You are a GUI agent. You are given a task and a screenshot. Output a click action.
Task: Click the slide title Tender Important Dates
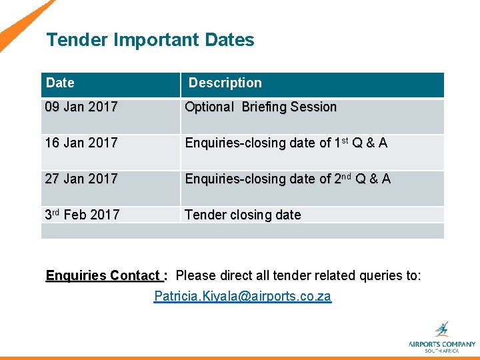coord(150,40)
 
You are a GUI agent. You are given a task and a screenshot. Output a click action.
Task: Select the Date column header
coord(61,83)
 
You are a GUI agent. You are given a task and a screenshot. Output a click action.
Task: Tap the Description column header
coord(225,83)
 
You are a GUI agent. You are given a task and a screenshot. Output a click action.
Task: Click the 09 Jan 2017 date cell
coord(81,107)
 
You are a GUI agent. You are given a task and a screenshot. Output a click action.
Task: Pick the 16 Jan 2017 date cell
coord(81,143)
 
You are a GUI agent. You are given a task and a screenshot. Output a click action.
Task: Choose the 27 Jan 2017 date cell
coord(81,179)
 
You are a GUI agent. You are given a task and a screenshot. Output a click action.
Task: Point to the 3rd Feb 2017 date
coord(82,215)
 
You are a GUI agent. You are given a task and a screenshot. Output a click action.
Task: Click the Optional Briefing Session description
coord(261,107)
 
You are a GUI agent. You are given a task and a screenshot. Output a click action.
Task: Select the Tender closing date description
coord(243,215)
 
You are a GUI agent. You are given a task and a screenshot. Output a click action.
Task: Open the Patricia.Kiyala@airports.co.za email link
coord(242,296)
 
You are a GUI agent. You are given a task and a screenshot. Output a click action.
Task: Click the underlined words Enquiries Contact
coord(103,275)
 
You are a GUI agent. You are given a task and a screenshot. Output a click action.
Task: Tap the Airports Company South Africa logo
coord(441,337)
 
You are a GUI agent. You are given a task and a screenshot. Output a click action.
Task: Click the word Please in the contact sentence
coord(193,275)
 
